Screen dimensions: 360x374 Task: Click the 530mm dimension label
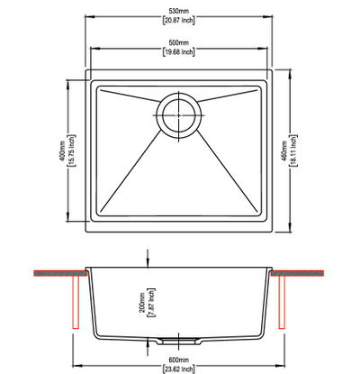click(x=179, y=12)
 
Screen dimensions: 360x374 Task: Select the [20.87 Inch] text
click(x=179, y=21)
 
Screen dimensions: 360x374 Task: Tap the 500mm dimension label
click(x=179, y=42)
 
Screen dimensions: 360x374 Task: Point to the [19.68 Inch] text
click(x=179, y=51)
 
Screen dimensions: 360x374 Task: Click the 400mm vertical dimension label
click(x=62, y=151)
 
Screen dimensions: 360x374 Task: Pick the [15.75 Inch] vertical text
click(x=72, y=151)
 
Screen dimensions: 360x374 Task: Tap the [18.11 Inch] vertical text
click(x=293, y=151)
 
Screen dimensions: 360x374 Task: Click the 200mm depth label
click(x=141, y=303)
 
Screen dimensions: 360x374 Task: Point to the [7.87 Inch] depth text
click(x=151, y=303)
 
